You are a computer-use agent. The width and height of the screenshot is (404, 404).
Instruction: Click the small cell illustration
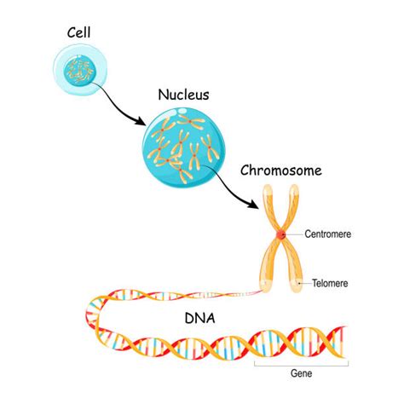(x=80, y=69)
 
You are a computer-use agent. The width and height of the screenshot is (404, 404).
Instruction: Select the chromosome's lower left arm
(x=267, y=264)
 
